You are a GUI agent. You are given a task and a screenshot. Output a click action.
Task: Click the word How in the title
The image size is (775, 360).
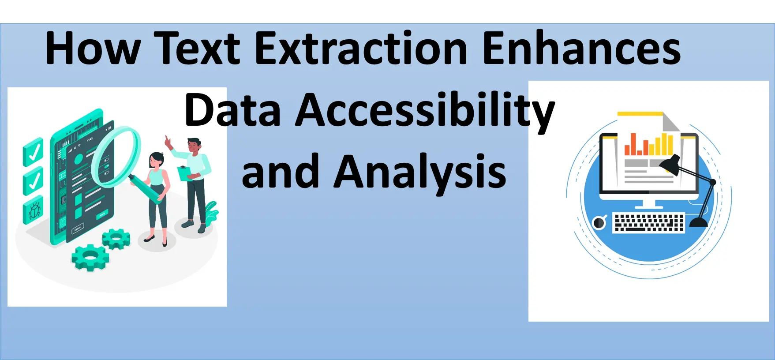pyautogui.click(x=93, y=48)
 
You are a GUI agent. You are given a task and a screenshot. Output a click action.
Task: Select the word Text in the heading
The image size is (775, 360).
pyautogui.click(x=197, y=48)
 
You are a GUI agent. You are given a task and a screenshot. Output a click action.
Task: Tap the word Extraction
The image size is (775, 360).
pyautogui.click(x=361, y=48)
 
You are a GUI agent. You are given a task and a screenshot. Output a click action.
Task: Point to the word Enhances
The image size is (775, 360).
pyautogui.click(x=582, y=48)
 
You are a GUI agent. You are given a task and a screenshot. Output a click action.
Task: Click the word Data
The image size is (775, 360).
pyautogui.click(x=232, y=109)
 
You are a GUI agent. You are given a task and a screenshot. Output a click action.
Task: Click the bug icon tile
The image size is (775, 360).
pyautogui.click(x=34, y=210)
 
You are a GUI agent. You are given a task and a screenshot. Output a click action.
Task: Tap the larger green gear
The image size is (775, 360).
pyautogui.click(x=90, y=257)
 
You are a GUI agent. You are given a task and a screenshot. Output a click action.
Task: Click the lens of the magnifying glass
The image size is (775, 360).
pyautogui.click(x=116, y=157)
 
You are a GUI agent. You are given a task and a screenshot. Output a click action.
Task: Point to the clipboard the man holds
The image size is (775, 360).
pyautogui.click(x=184, y=173)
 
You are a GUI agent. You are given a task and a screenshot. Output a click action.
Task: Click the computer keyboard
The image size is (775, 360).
pyautogui.click(x=649, y=222)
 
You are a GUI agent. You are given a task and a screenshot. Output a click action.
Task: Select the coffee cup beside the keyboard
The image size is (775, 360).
pyautogui.click(x=599, y=222)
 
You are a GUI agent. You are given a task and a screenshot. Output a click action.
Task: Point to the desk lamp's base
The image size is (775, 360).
pyautogui.click(x=699, y=222)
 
